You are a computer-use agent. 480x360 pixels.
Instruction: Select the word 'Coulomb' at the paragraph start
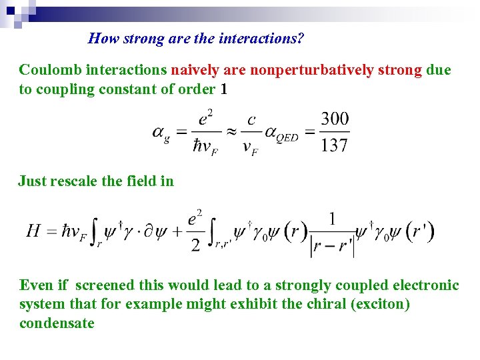pos(45,70)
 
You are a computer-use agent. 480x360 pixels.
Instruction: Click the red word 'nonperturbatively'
pos(313,70)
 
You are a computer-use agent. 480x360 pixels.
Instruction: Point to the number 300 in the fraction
pos(334,119)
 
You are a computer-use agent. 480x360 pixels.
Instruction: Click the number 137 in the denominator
pos(334,145)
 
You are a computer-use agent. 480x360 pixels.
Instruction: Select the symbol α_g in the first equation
pos(161,133)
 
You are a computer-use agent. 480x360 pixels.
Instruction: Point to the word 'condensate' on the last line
pos(57,323)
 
